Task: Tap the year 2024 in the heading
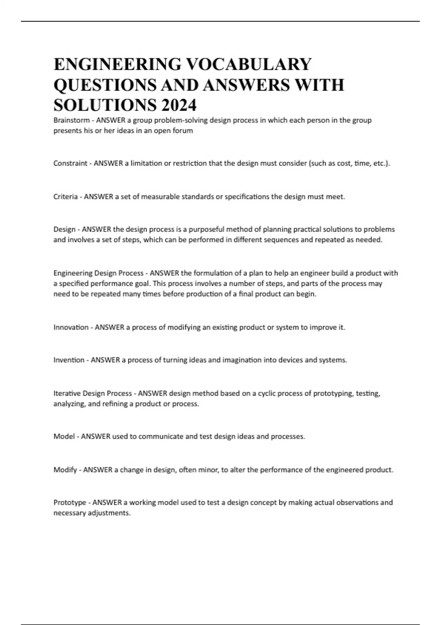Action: pyautogui.click(x=178, y=106)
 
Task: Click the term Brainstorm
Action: pyautogui.click(x=71, y=120)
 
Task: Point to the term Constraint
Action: pyautogui.click(x=70, y=163)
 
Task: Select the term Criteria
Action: pyautogui.click(x=65, y=197)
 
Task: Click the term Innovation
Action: pyautogui.click(x=71, y=327)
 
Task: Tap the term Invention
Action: pyautogui.click(x=69, y=360)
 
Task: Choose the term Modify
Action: pyautogui.click(x=65, y=470)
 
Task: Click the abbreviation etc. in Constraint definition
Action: pyautogui.click(x=381, y=163)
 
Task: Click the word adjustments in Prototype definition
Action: pyautogui.click(x=109, y=513)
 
